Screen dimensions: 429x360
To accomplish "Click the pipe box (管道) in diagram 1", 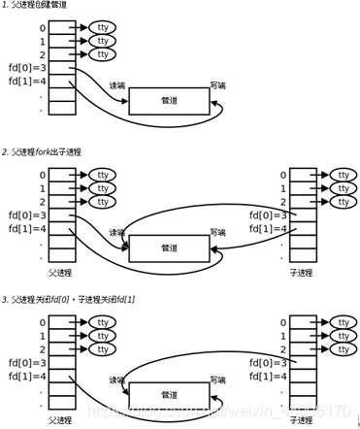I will (170, 101).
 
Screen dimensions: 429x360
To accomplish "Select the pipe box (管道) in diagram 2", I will (170, 248).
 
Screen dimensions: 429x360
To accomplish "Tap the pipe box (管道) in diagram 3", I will (170, 395).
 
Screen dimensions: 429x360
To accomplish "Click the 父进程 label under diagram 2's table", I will (61, 274).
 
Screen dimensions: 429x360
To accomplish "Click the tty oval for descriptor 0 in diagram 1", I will (102, 27).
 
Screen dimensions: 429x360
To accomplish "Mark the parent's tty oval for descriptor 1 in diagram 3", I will (102, 335).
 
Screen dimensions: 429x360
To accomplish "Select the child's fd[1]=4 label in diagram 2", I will (266, 228).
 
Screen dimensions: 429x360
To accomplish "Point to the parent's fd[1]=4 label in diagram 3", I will (27, 376).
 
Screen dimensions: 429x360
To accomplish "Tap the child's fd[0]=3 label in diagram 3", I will (266, 362).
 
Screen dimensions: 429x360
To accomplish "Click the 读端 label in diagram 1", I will (117, 84).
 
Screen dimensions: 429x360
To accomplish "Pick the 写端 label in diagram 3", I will (218, 379).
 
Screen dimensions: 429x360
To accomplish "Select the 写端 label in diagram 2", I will (218, 232).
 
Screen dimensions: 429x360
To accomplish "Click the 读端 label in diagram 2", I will (117, 232).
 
